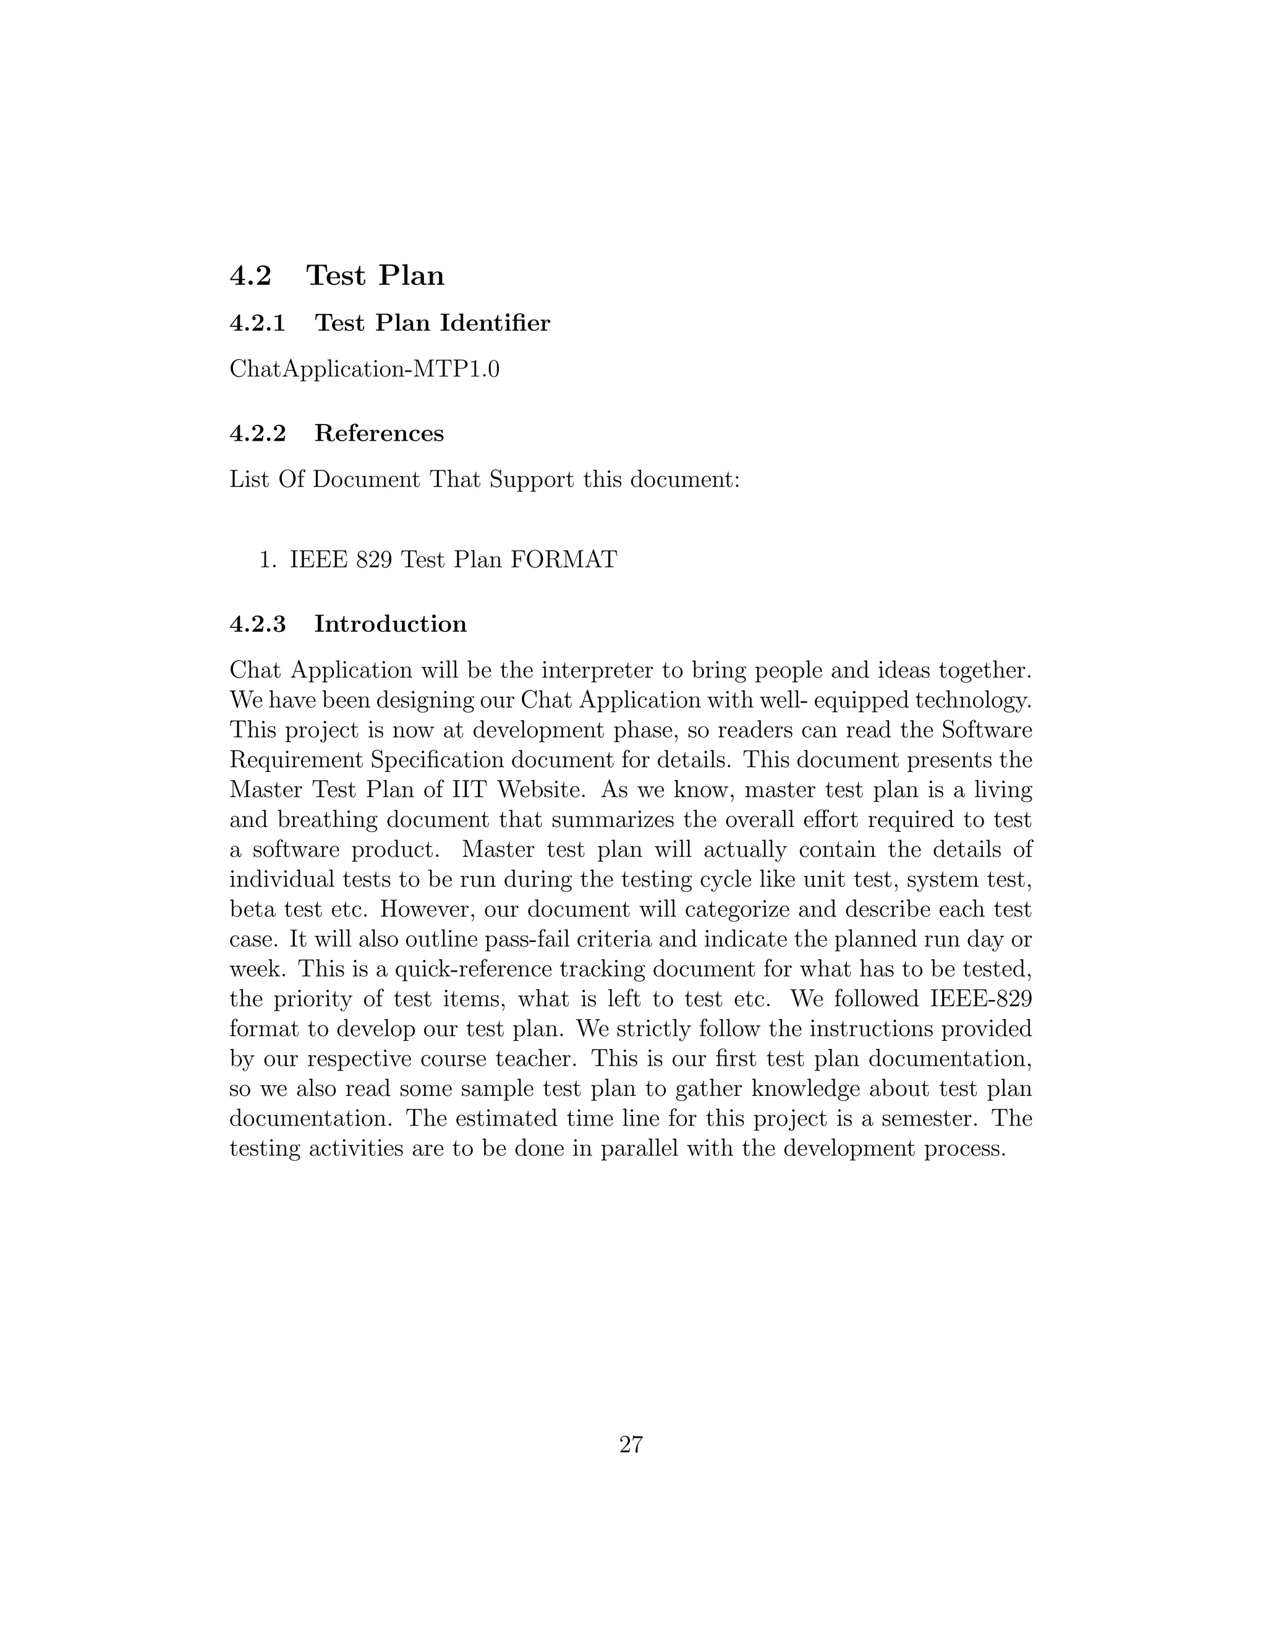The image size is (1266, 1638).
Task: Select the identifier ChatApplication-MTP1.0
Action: (365, 369)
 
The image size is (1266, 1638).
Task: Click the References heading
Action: (379, 433)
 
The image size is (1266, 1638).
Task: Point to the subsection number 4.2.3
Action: (258, 624)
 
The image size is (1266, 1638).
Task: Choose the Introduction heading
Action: (390, 624)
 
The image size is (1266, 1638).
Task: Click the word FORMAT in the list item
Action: (563, 559)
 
